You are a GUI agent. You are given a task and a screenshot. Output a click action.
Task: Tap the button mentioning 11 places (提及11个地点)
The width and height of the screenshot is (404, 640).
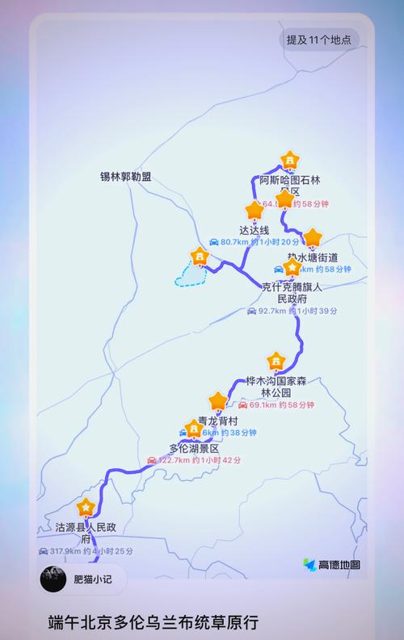319,40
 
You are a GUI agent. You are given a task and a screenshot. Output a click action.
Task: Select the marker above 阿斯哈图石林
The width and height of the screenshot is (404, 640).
288,160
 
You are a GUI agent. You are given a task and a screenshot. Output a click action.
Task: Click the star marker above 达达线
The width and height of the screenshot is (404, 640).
255,211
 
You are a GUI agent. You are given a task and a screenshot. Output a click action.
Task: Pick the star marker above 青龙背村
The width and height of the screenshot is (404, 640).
217,401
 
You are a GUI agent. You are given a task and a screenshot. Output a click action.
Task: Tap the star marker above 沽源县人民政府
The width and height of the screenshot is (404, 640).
86,508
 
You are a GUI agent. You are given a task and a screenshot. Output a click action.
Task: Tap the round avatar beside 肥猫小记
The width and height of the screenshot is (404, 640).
54,579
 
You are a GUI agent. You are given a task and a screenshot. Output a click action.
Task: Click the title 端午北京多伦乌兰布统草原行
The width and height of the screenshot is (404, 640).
153,622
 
